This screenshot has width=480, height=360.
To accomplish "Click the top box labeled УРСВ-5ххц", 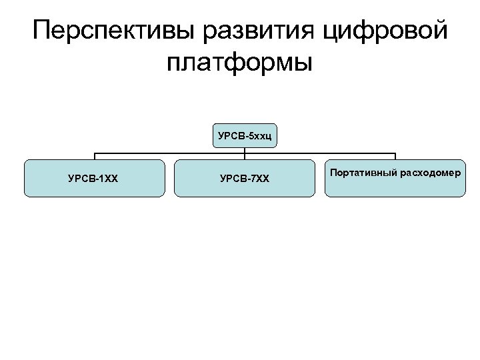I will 245,136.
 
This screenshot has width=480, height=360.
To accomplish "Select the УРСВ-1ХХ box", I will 94,178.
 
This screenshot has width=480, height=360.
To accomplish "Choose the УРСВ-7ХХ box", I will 245,178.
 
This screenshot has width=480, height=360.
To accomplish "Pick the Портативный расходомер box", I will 395,178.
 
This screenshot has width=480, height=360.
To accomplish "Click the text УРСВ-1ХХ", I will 93,179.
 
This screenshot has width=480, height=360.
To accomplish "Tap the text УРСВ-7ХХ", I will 245,179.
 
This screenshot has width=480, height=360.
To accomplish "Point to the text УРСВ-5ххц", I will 245,137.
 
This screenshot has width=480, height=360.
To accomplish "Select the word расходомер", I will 430,173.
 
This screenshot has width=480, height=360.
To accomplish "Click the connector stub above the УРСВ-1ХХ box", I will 94,157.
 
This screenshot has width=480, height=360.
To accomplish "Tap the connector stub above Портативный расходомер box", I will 395,157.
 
